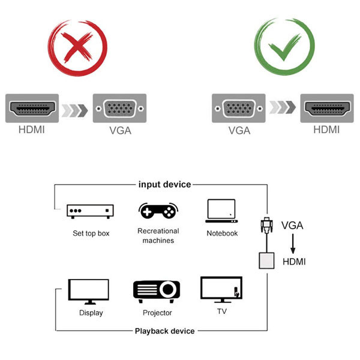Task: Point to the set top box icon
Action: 91,211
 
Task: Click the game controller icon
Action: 158,211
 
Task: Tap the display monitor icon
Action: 89,292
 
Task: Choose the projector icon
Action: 157,291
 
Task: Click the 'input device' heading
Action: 164,184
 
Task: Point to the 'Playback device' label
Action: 164,331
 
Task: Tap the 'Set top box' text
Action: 91,233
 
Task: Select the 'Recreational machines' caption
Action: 158,236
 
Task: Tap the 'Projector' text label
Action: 157,313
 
